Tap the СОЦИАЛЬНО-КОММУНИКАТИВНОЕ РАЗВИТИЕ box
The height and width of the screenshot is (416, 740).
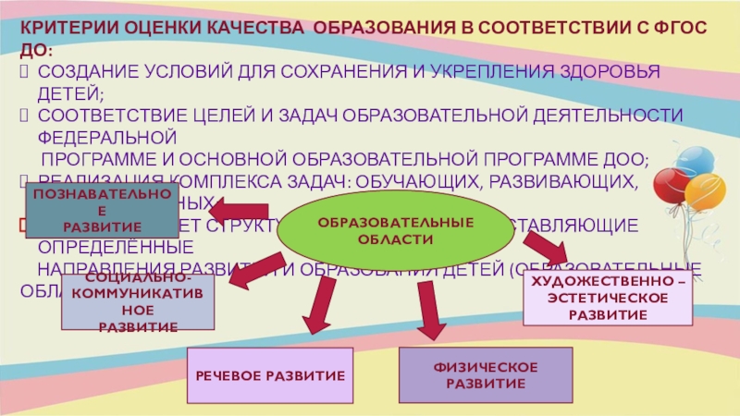138,302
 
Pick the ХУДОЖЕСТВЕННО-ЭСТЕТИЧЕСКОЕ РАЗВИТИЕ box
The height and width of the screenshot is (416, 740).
608,298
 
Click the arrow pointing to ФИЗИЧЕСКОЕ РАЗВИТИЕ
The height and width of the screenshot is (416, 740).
427,309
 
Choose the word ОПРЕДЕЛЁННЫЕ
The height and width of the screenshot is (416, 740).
115,248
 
